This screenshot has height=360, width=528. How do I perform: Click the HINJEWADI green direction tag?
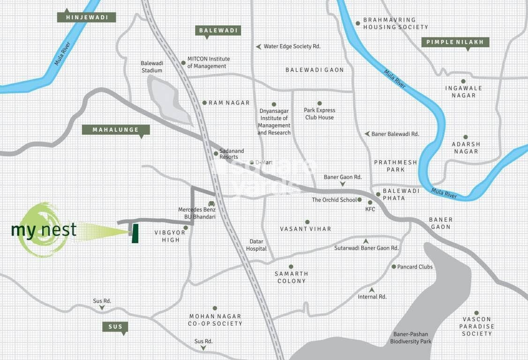[x=86, y=17]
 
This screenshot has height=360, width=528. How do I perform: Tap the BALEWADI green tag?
[x=218, y=31]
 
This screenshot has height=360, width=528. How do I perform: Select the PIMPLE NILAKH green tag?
[x=455, y=42]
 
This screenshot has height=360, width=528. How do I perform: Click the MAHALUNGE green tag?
[x=115, y=130]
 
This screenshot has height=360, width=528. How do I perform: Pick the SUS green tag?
[x=115, y=327]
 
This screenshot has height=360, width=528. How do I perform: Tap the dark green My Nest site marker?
[x=135, y=233]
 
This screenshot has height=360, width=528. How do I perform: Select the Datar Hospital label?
[x=256, y=245]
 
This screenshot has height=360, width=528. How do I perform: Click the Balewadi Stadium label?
[x=151, y=67]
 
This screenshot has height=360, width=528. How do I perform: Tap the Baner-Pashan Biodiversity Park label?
[x=411, y=338]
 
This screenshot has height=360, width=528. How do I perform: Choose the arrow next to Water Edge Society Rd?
[x=258, y=46]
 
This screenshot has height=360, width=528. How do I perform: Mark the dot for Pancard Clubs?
[x=393, y=267]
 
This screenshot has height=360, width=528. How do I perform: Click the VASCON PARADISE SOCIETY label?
[x=476, y=326]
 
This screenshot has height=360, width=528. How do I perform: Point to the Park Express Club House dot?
[x=319, y=103]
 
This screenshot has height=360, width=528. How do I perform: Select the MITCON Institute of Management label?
[x=208, y=62]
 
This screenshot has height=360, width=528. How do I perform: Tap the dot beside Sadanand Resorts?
[x=216, y=153]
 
